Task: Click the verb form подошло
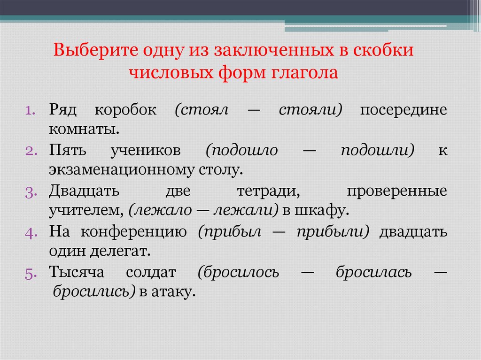pyautogui.click(x=242, y=151)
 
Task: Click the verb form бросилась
pyautogui.click(x=373, y=273)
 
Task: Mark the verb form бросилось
pyautogui.click(x=239, y=273)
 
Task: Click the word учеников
pyautogui.click(x=146, y=151)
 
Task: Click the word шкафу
pyautogui.click(x=322, y=210)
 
